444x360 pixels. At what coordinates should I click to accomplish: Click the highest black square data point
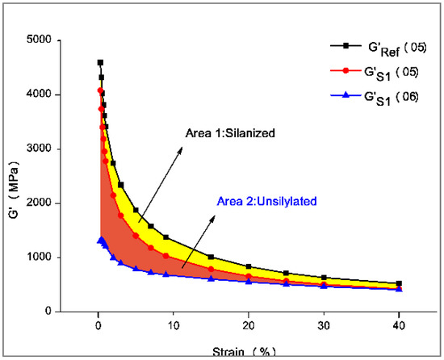click(x=100, y=62)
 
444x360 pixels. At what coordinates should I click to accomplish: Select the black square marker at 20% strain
click(x=248, y=266)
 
